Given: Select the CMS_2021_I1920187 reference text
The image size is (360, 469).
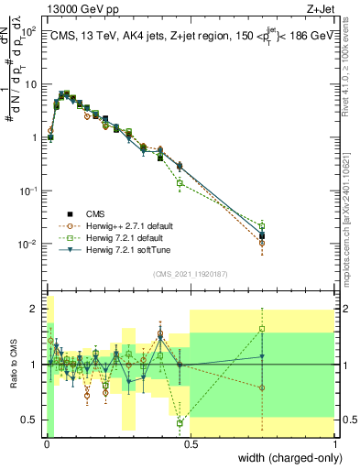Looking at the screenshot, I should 191,273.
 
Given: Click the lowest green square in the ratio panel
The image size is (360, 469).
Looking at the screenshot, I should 180,422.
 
